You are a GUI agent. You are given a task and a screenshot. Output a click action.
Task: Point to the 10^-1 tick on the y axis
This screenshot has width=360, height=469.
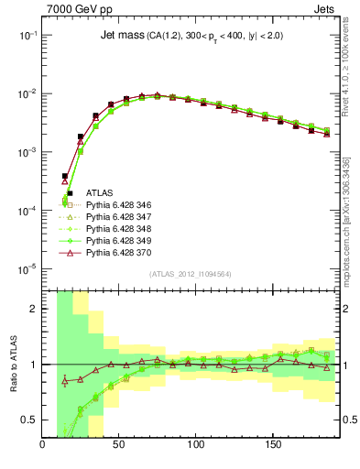point(28,35)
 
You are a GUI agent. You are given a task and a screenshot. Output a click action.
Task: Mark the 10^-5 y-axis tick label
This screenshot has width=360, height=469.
point(28,269)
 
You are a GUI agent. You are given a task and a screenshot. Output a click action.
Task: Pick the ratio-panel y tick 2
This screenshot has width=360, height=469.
point(35,309)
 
